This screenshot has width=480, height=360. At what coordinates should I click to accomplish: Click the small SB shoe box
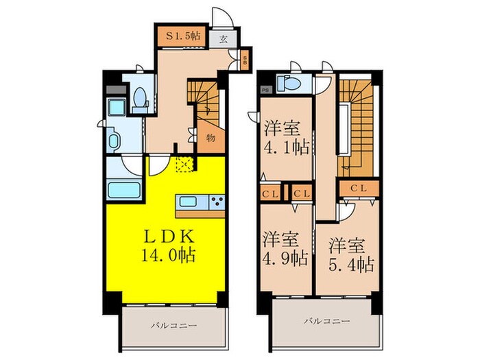coord(245,60)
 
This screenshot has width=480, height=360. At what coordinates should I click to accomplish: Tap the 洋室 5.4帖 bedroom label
coord(350,254)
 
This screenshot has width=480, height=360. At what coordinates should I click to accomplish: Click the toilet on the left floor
coord(141,100)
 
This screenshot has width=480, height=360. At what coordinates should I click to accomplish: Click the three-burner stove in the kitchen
coord(216,202)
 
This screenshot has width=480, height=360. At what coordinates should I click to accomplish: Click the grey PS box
coord(265,88)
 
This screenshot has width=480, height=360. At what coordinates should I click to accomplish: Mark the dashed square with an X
coord(184,163)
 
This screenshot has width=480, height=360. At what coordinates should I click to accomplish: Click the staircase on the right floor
coord(357,123)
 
